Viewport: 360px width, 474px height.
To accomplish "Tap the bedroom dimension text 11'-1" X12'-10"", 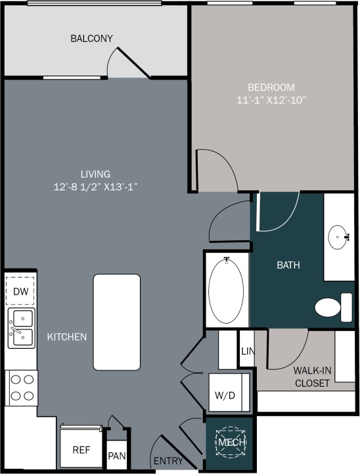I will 271,100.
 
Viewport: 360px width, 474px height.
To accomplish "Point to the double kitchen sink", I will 21,328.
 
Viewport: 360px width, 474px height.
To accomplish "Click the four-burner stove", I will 22,387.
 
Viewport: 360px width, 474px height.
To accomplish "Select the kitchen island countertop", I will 116,322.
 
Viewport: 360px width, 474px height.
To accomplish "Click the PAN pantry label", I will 116,455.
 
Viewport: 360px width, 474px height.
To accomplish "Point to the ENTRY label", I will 168,461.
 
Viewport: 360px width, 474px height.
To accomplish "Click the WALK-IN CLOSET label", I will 312,376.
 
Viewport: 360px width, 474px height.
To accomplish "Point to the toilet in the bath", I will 332,307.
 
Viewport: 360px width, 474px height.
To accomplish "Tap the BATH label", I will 288,265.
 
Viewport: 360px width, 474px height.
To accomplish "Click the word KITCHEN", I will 67,337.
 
